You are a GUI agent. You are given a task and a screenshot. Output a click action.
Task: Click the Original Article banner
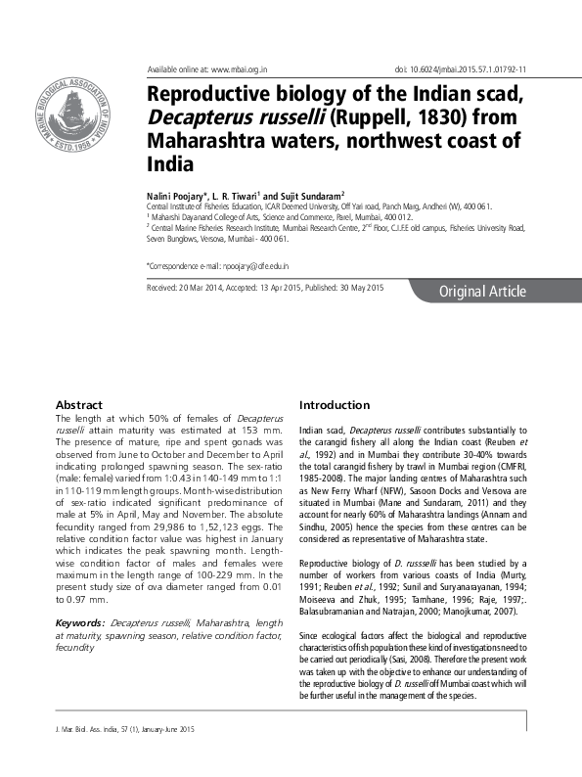pyautogui.click(x=482, y=292)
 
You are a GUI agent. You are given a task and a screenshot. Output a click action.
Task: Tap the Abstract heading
pyautogui.click(x=78, y=404)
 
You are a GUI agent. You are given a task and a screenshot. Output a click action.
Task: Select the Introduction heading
pyautogui.click(x=335, y=404)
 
